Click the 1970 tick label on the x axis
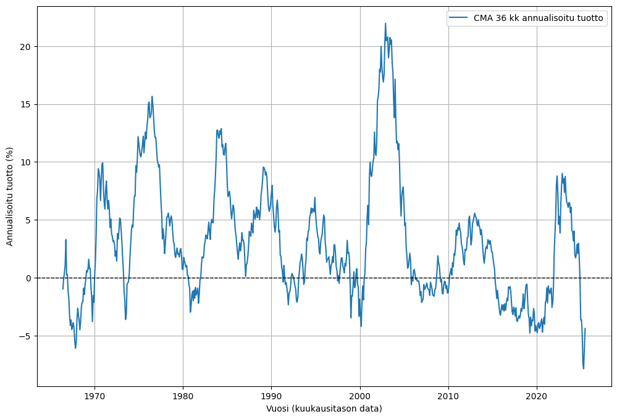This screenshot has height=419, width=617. coord(94,394)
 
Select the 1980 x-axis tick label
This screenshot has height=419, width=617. coord(183,394)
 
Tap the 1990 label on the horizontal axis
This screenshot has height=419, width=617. coord(271,394)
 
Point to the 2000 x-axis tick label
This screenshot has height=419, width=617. coord(360,394)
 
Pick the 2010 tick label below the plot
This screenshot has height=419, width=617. coord(448,394)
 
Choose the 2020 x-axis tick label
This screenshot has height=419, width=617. coord(537,394)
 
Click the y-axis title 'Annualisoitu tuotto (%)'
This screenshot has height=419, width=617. coord(10,196)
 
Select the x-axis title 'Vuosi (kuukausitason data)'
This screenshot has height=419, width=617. coord(324,409)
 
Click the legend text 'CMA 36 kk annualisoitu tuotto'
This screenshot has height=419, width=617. coord(538,18)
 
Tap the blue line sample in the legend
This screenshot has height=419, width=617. coord(460,18)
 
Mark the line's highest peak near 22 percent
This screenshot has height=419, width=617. coord(385,23)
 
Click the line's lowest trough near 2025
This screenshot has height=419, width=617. coord(583,368)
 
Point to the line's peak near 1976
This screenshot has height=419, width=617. coord(152,96)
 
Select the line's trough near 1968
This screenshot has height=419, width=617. coord(75,348)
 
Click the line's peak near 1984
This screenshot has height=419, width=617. coord(221,128)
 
